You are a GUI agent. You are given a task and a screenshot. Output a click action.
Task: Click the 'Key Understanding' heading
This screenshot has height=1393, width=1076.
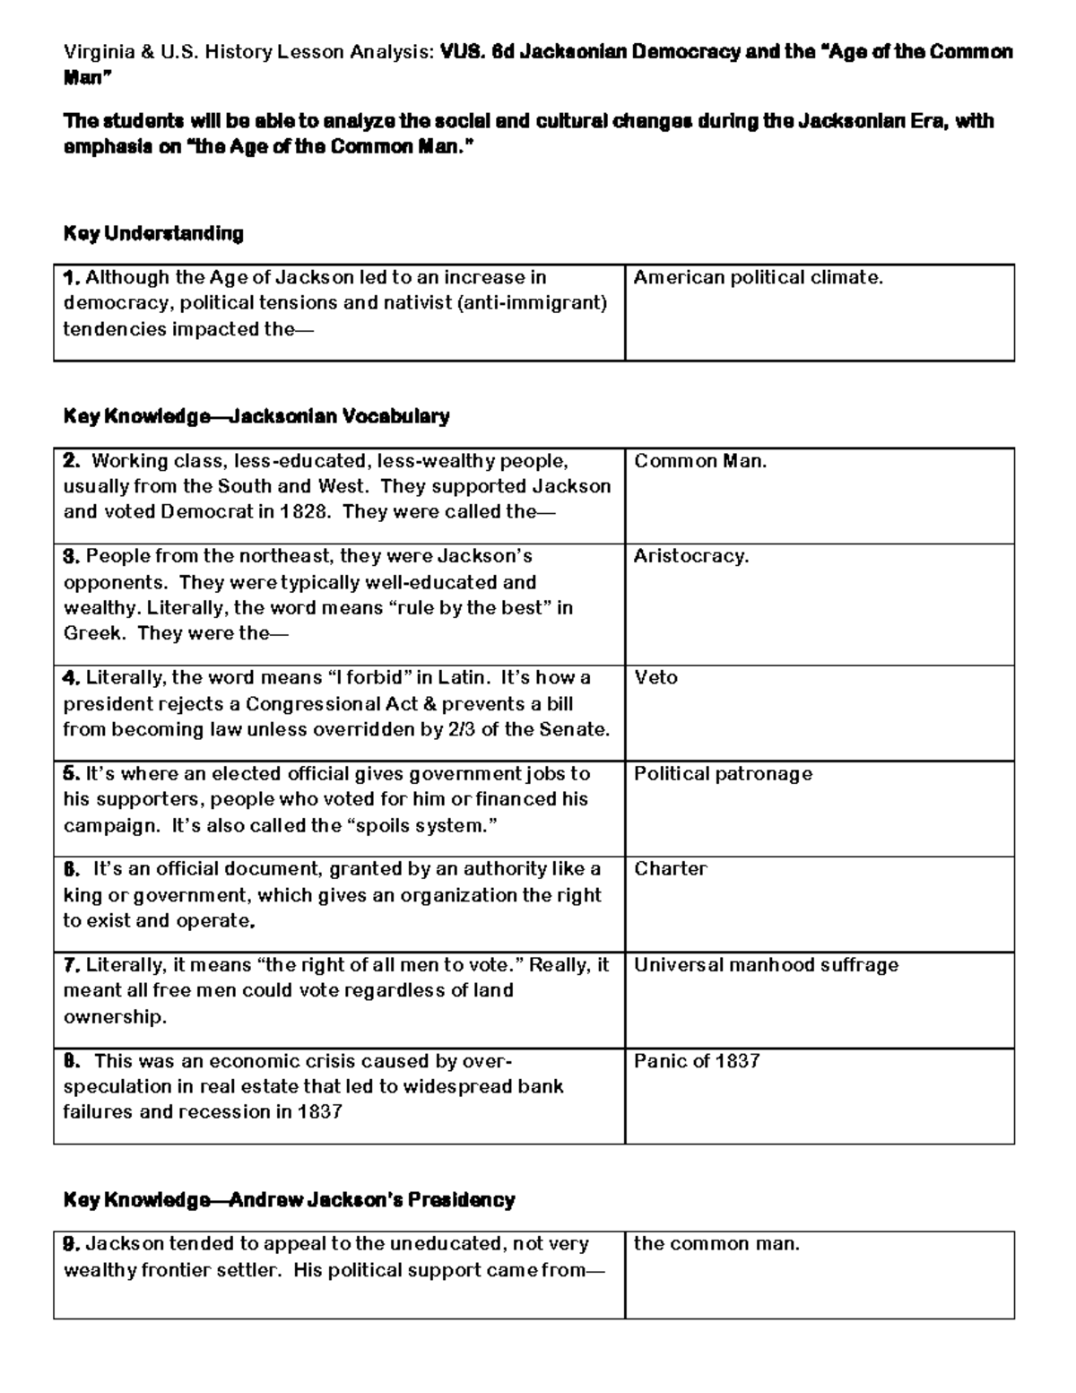(x=153, y=234)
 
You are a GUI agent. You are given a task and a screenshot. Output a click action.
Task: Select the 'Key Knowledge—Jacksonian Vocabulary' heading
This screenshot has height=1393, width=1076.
(x=256, y=416)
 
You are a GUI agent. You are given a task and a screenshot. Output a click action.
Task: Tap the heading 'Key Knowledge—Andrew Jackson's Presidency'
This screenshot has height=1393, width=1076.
(x=289, y=1200)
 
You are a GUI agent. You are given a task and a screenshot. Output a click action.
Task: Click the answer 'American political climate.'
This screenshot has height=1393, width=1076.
(x=759, y=278)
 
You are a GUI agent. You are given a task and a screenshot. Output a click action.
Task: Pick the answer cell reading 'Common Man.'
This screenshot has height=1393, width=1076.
(x=700, y=461)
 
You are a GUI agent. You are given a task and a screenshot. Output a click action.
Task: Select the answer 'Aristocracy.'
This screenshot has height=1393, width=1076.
(x=690, y=556)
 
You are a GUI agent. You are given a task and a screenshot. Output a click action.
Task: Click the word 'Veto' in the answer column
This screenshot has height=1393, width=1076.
(x=655, y=677)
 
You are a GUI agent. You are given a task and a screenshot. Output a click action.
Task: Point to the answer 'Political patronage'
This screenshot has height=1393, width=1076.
(x=723, y=773)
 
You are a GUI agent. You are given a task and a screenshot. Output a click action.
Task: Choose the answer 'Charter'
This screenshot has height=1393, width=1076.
(x=670, y=868)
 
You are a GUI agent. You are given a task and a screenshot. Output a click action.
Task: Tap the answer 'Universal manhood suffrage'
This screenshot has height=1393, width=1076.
(x=766, y=965)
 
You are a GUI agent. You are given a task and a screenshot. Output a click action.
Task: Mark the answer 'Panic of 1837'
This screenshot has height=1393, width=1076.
(x=697, y=1061)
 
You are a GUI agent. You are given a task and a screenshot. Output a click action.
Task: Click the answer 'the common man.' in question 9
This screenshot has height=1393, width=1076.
(x=716, y=1244)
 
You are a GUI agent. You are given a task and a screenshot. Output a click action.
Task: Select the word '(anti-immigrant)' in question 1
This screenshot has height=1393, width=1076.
(x=532, y=303)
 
